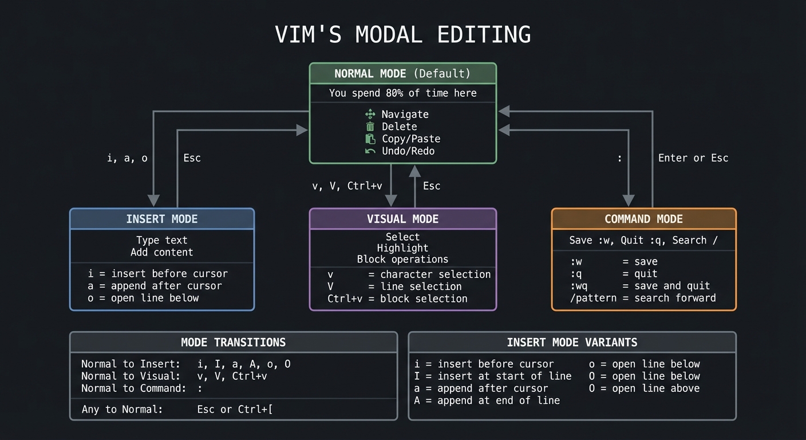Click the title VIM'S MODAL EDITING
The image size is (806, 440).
coord(402,34)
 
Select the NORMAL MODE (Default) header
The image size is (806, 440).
coord(402,74)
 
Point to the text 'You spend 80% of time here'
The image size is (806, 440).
coord(402,93)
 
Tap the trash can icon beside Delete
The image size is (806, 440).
coord(370,127)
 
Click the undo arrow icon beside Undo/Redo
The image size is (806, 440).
coord(370,151)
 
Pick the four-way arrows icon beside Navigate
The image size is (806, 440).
coord(370,115)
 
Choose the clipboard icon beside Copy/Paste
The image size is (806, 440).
coord(370,139)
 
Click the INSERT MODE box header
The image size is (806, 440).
coord(161,219)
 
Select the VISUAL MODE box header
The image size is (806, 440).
coord(402,219)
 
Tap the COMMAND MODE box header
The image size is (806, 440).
coord(643,219)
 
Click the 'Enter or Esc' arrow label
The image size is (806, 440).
coord(693,158)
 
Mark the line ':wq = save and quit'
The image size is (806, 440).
coord(639,286)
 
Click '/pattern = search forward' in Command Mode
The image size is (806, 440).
coord(642,298)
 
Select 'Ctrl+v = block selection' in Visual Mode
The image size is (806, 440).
coord(397,298)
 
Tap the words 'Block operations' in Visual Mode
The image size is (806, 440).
coord(402,259)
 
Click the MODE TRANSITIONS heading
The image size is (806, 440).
coord(233,343)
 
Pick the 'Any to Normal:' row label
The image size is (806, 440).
coord(122,410)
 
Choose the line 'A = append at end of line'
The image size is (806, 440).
coord(487,400)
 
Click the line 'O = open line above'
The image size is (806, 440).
coord(644,388)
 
